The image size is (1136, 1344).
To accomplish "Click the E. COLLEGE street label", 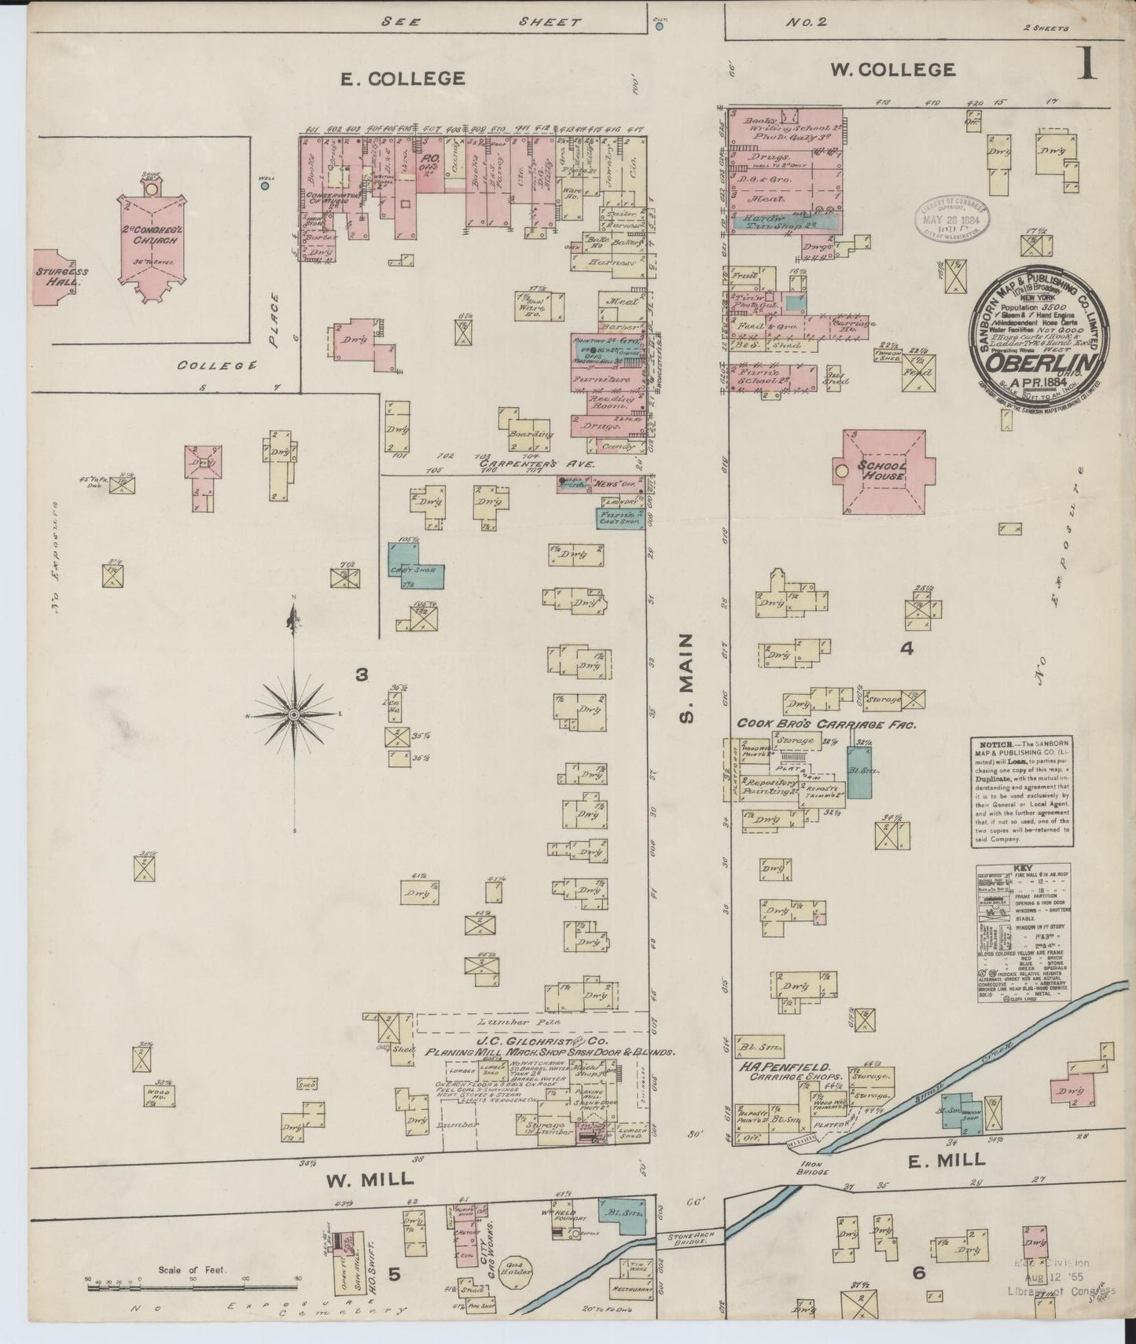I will pyautogui.click(x=402, y=79).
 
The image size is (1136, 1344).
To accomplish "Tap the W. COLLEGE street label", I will pyautogui.click(x=893, y=70).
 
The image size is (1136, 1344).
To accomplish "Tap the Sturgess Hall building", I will pyautogui.click(x=61, y=277).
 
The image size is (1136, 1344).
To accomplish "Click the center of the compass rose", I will pyautogui.click(x=293, y=714).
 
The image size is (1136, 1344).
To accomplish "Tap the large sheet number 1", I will pyautogui.click(x=1086, y=64).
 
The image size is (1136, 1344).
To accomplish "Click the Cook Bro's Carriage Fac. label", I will pyautogui.click(x=825, y=725).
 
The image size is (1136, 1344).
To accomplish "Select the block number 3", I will pyautogui.click(x=361, y=674).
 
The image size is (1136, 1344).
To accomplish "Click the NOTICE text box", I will pyautogui.click(x=1020, y=791).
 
